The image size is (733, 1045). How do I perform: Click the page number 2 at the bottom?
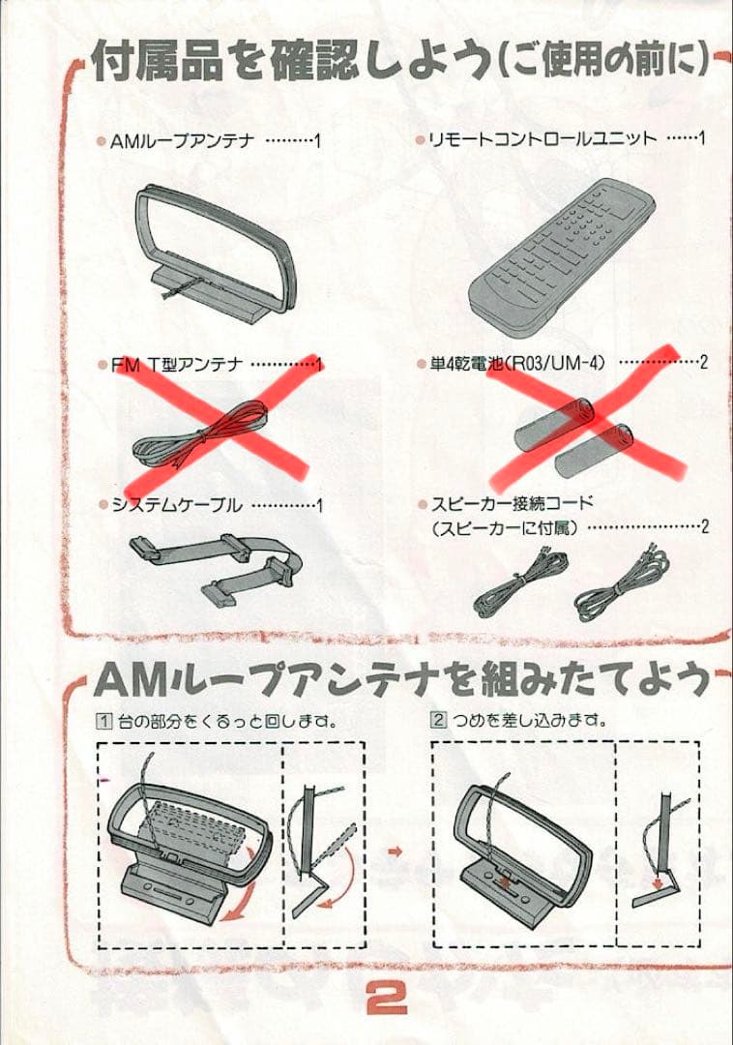coord(386,1000)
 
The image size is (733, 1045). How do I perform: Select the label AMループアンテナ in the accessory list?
coord(183,141)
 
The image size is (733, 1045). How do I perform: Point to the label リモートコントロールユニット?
coord(542,138)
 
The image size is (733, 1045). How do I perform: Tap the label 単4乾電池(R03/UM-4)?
coord(517,363)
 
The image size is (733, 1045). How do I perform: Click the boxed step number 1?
coord(104,721)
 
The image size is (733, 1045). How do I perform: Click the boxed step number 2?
coord(438,720)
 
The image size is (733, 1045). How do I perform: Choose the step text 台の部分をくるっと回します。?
coord(228,721)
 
